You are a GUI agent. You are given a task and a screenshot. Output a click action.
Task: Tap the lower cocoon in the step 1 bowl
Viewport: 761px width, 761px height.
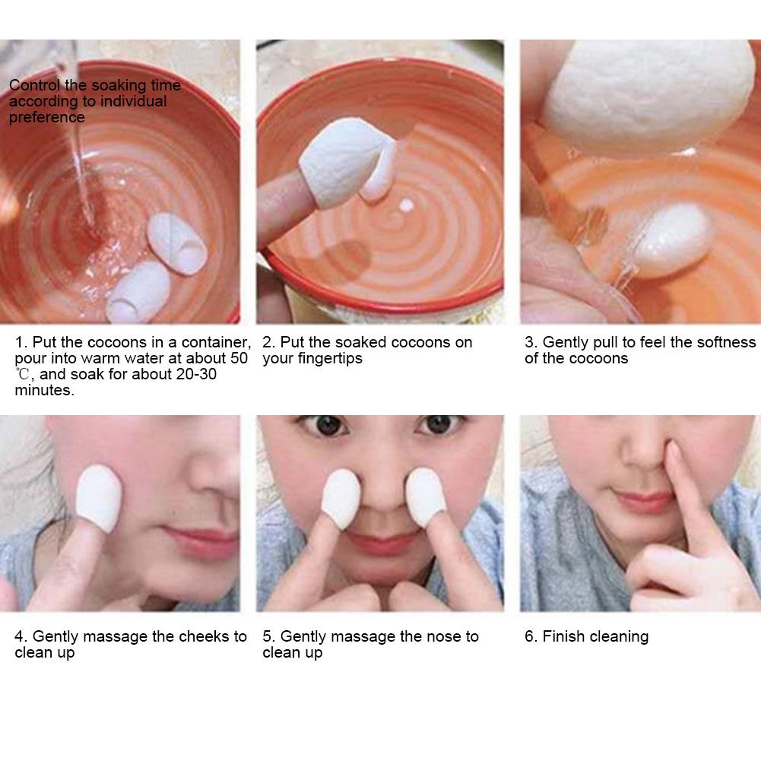pyautogui.click(x=138, y=291)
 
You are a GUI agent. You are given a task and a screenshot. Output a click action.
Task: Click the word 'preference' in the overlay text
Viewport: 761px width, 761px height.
pyautogui.click(x=47, y=118)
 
